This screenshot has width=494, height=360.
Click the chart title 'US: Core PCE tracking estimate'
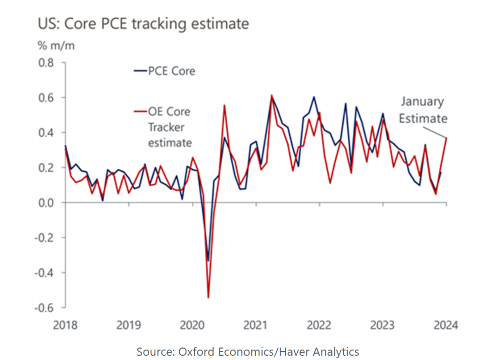(143, 24)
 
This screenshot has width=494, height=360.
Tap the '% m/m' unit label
(56, 46)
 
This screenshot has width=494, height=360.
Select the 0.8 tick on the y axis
(46, 63)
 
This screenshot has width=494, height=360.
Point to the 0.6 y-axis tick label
(46, 98)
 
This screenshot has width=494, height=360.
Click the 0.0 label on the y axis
(46, 203)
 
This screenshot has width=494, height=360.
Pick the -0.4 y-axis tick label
(44, 273)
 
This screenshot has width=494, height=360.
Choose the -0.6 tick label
(44, 308)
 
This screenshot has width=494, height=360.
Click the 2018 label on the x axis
(65, 325)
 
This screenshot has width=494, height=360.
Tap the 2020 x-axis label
(192, 325)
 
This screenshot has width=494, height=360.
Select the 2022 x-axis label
(319, 325)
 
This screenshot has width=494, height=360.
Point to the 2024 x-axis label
(446, 325)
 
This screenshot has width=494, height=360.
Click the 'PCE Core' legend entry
(171, 71)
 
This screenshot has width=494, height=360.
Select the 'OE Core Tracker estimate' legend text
(169, 127)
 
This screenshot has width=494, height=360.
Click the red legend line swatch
(140, 111)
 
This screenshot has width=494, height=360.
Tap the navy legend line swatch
(140, 71)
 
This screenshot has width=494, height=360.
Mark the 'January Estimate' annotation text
(423, 110)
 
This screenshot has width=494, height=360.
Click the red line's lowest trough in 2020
(208, 297)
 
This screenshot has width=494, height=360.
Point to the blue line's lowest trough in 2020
(208, 261)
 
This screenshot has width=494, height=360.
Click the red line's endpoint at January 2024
(446, 138)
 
